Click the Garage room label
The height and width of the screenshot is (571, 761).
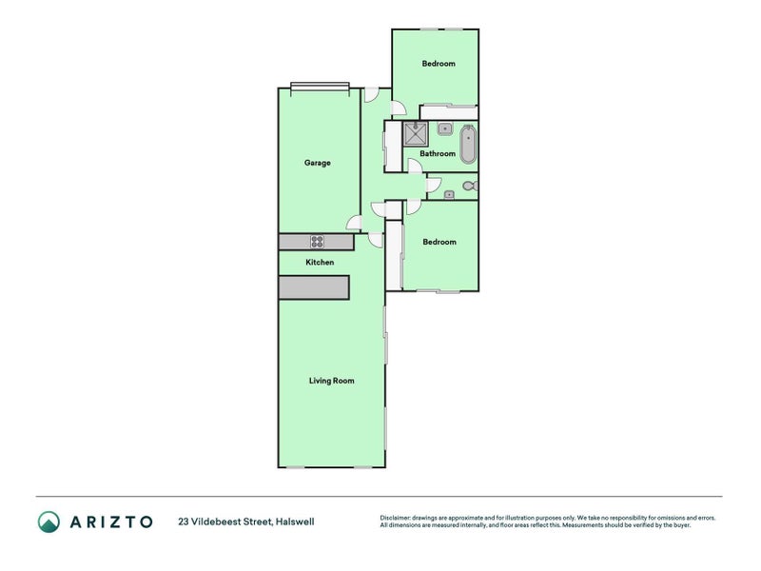pos(317,163)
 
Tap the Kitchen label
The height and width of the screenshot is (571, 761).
pos(320,262)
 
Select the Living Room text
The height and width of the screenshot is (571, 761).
pos(331,381)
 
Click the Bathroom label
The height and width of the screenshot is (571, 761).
pos(438,153)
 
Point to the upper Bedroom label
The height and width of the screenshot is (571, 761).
pos(439,64)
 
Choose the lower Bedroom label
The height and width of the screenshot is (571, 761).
pos(439,242)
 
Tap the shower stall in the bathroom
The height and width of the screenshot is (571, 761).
pos(416,132)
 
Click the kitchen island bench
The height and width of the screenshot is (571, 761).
pos(314,287)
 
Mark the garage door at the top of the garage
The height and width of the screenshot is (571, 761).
pos(320,87)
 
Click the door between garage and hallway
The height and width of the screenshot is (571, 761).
pos(354,225)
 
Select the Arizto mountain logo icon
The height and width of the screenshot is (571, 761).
pos(49,521)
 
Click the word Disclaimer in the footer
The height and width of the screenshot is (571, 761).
pos(397,518)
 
